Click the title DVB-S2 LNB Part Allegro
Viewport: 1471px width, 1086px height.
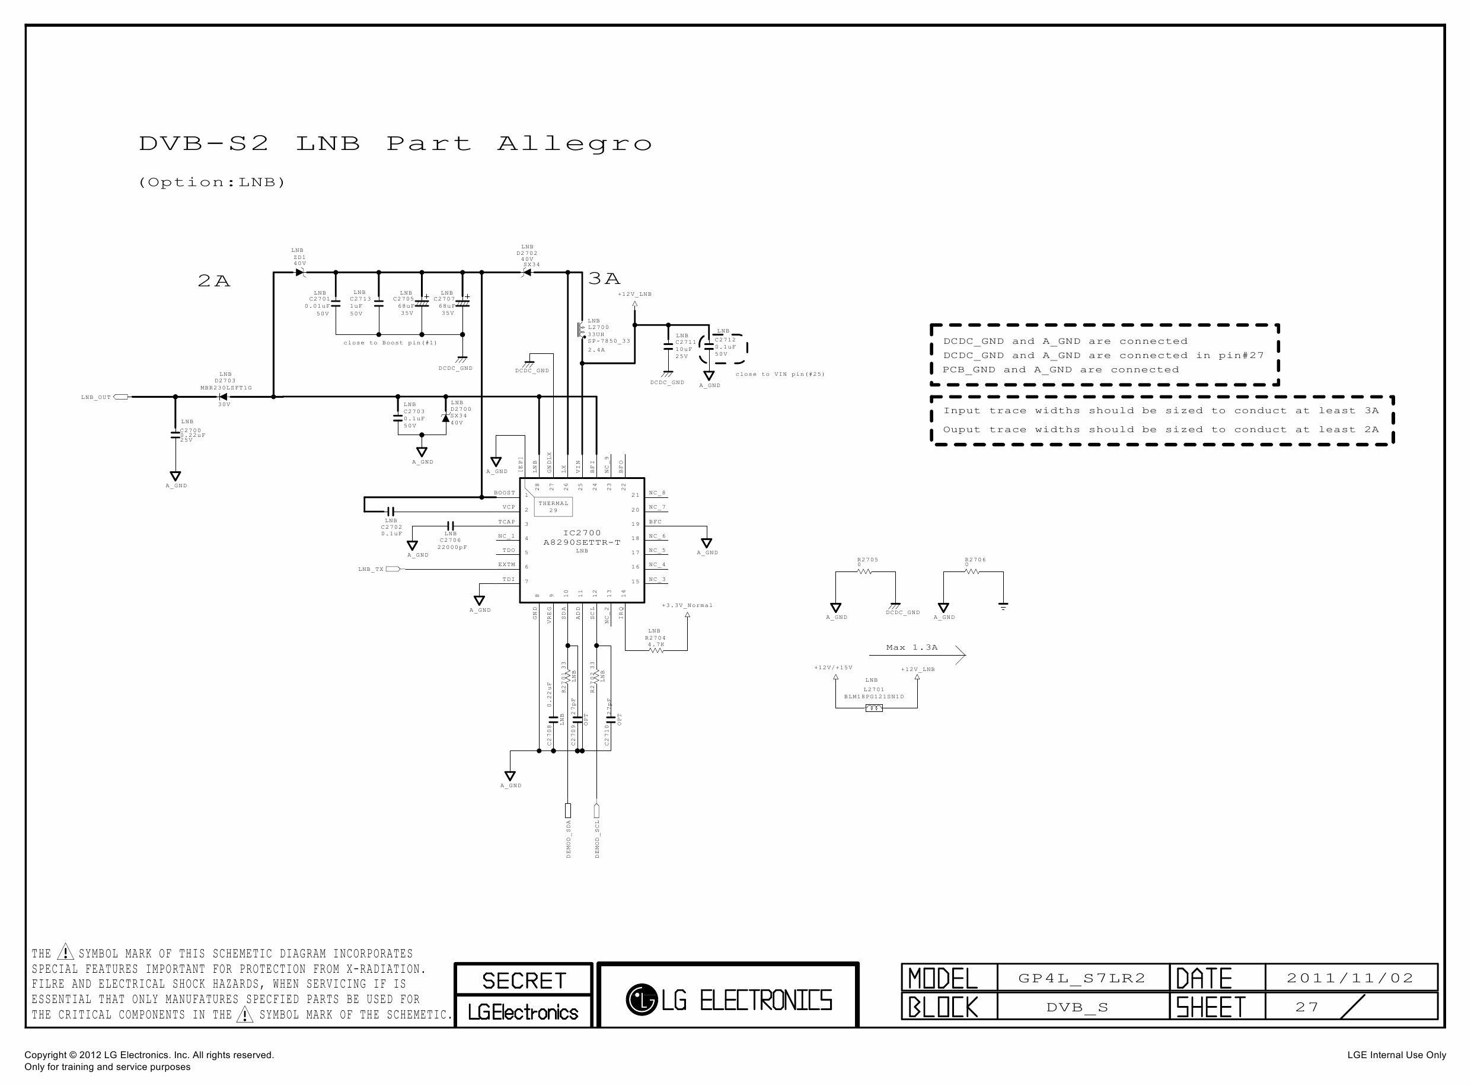click(x=394, y=144)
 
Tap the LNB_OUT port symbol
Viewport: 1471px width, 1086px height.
click(x=121, y=397)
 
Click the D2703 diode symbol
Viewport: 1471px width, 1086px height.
click(x=222, y=397)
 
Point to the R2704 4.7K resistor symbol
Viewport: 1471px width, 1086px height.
click(x=656, y=651)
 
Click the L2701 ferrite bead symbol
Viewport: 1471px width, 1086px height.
click(x=874, y=708)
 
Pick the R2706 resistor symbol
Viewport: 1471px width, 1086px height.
click(x=972, y=572)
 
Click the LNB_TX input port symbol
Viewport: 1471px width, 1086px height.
click(x=393, y=569)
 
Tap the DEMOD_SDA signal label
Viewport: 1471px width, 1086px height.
click(x=569, y=839)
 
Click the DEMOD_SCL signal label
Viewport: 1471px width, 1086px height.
click(x=597, y=839)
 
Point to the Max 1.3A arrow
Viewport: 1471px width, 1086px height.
click(x=917, y=655)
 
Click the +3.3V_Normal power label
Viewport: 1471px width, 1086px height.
click(x=687, y=605)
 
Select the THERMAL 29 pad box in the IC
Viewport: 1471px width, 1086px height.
click(x=554, y=507)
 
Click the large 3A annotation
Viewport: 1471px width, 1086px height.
click(x=604, y=279)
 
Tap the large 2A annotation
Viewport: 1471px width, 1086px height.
click(x=213, y=282)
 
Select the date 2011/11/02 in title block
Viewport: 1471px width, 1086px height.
click(x=1350, y=978)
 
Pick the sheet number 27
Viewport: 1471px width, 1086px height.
click(x=1307, y=1007)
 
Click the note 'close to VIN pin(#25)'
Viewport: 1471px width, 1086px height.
click(x=780, y=375)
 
